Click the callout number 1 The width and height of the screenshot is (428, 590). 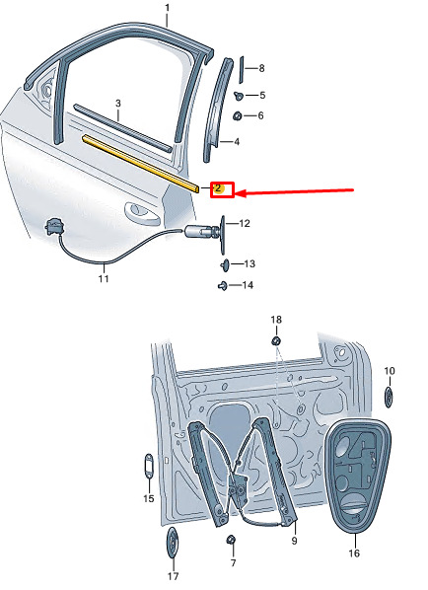[x=168, y=8]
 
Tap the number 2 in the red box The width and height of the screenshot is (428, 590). [x=218, y=187]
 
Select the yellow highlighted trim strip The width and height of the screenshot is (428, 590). [x=141, y=164]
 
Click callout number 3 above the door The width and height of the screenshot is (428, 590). [x=118, y=103]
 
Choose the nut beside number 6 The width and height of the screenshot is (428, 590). [x=237, y=115]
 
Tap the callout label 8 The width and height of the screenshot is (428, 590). [x=261, y=68]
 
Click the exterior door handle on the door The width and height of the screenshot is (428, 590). [x=141, y=213]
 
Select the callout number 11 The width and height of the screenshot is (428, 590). [x=104, y=279]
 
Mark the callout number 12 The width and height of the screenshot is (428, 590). [x=245, y=224]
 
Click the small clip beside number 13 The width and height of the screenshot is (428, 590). [x=225, y=264]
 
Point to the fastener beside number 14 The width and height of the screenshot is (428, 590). [x=223, y=286]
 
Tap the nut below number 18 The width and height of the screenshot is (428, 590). [x=276, y=341]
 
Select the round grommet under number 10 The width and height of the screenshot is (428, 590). [x=389, y=397]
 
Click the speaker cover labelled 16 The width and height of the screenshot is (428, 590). [x=358, y=476]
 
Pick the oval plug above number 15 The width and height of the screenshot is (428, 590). [x=149, y=467]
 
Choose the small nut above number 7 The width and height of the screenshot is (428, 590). [x=231, y=541]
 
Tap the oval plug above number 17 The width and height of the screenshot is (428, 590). [x=172, y=543]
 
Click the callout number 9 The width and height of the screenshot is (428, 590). [x=294, y=541]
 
